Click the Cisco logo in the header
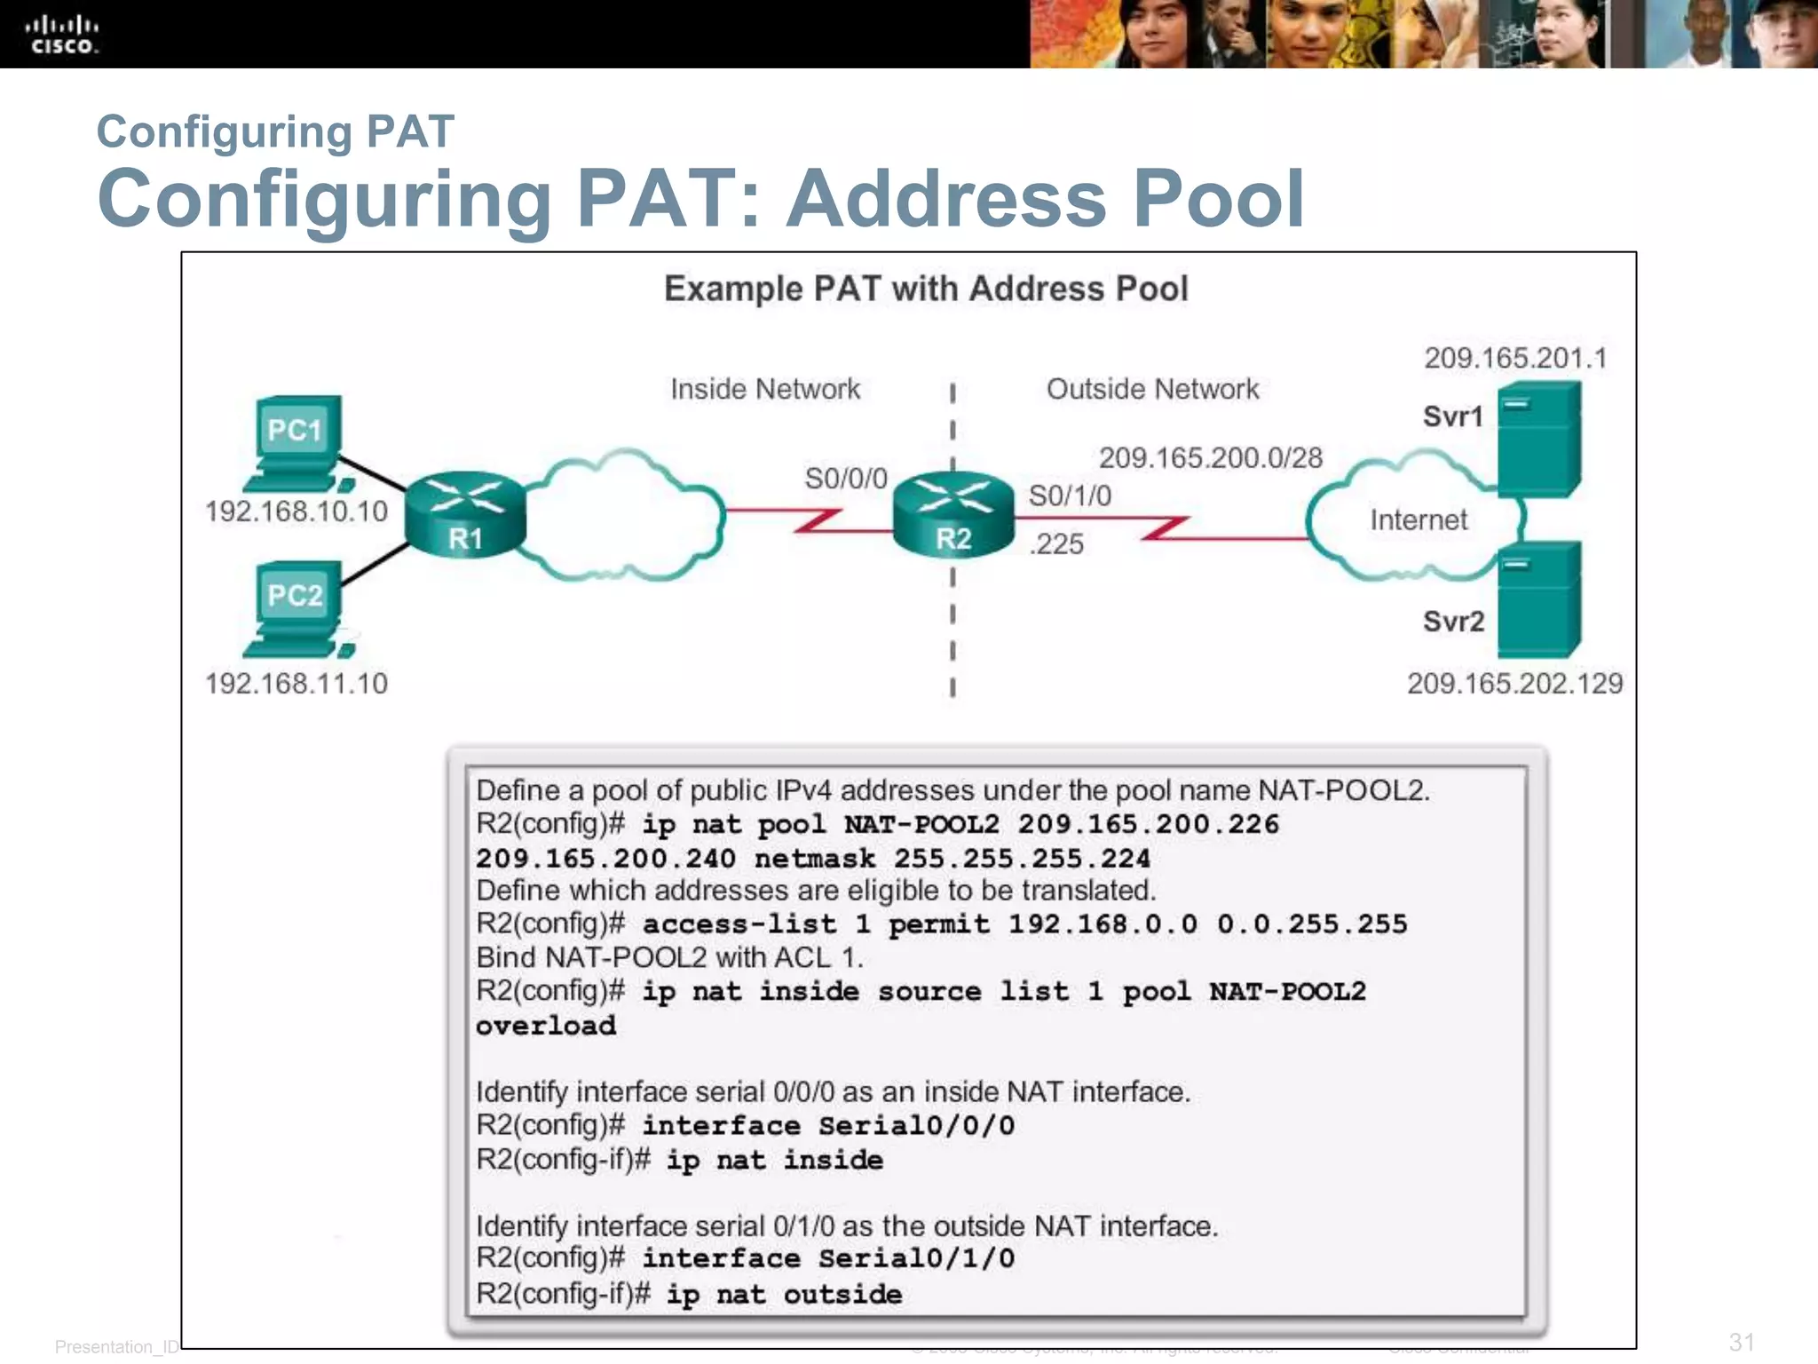[x=61, y=35]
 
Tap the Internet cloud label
[x=1418, y=519]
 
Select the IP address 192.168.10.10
[x=296, y=511]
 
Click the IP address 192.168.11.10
[x=296, y=684]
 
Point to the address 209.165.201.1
[x=1515, y=358]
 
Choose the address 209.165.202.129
[x=1514, y=684]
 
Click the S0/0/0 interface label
[x=845, y=479]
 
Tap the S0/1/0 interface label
[x=1070, y=496]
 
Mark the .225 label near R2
[x=1056, y=543]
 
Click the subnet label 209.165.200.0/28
[x=1211, y=457]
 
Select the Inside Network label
[x=765, y=389]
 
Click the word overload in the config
[x=546, y=1026]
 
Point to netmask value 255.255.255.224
[x=1022, y=859]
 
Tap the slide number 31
[x=1742, y=1342]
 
